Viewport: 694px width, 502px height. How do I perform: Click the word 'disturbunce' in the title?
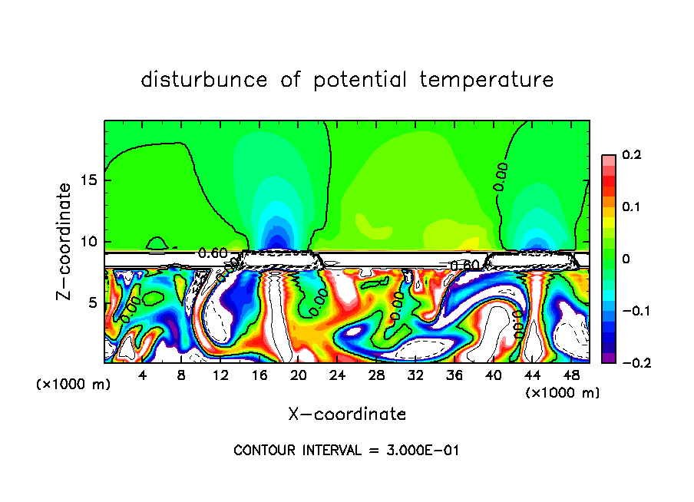click(204, 80)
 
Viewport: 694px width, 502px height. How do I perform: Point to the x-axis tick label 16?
click(259, 375)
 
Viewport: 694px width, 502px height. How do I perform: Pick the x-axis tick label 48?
click(570, 375)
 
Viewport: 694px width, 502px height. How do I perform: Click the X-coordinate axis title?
click(347, 414)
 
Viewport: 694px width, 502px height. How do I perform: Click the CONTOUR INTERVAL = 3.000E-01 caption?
click(346, 451)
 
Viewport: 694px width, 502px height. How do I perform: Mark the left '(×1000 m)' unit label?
click(74, 384)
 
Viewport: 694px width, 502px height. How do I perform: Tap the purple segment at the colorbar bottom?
click(608, 357)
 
